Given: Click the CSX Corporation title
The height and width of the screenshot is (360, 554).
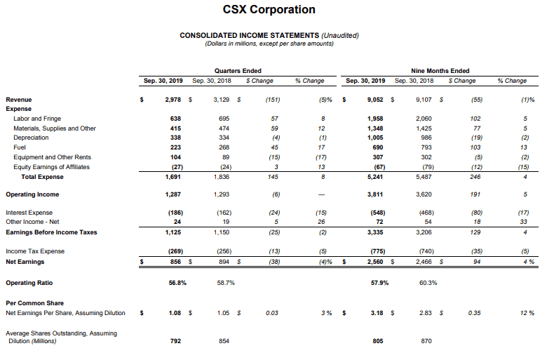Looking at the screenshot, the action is point(269,10).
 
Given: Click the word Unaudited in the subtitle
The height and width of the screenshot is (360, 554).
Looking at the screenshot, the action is point(340,35).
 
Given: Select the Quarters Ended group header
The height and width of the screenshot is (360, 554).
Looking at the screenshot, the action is point(238,71).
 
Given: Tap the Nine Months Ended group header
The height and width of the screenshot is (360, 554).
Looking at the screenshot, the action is point(440,71).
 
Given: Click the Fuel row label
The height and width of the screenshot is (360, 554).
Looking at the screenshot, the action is point(20,147).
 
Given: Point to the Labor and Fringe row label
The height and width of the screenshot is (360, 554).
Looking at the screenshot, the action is point(37,119).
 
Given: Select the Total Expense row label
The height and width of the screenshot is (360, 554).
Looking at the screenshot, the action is point(42,176).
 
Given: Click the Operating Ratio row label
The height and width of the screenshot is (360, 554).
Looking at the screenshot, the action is point(29,283).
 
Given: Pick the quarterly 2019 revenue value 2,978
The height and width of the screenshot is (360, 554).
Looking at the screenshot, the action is point(173,100).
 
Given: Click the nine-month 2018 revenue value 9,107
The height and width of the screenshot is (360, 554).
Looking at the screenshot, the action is point(424,100).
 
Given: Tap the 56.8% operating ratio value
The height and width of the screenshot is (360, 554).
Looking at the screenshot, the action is point(177,283).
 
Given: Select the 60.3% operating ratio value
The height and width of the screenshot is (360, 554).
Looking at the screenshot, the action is point(428,283).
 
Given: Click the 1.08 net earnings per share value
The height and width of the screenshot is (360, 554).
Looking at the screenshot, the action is point(175,313).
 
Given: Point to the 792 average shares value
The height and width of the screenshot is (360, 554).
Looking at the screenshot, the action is point(175,341).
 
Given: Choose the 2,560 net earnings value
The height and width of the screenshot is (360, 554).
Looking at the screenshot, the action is point(375,262).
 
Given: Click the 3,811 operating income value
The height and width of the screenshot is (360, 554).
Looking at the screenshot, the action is point(375,194).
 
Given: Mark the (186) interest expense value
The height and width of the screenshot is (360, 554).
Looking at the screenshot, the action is point(175,213).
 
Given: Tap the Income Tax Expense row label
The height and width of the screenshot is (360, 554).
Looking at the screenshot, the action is point(35,251).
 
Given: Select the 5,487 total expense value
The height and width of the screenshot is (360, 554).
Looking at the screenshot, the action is point(424,176).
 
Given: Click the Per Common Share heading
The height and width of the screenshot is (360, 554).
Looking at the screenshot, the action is point(34,303).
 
